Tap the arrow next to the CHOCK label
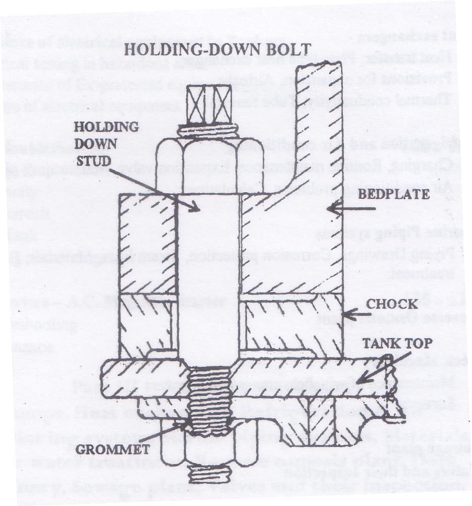tap(356, 313)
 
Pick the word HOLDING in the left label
tap(106, 127)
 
